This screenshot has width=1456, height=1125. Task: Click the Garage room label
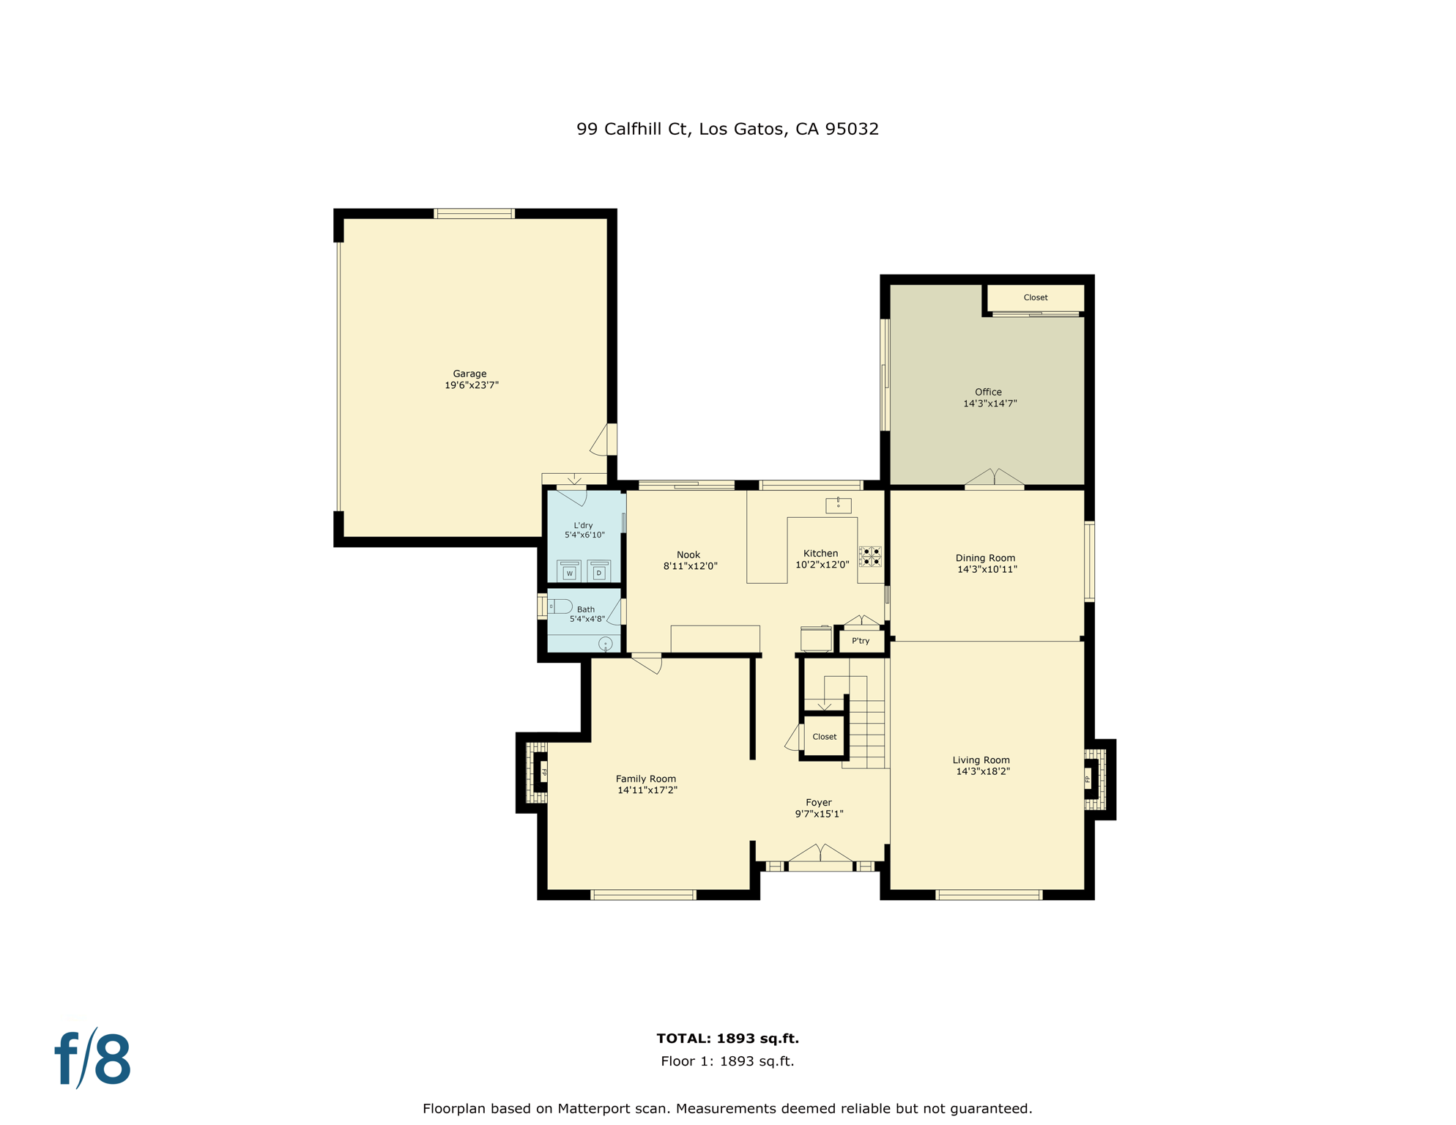(469, 374)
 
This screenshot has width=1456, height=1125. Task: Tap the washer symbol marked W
(569, 571)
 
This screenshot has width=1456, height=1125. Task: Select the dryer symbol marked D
(599, 571)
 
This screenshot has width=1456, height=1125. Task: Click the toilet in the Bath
(561, 606)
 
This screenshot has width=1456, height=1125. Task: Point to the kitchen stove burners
(871, 556)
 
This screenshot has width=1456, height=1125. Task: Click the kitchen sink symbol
(838, 505)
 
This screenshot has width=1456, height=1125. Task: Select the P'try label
(861, 641)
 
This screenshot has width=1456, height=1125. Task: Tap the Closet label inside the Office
(1035, 297)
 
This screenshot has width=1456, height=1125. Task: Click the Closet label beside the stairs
(824, 737)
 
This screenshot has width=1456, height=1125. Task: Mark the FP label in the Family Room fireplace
(544, 772)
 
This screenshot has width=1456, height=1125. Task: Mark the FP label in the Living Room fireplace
(1088, 779)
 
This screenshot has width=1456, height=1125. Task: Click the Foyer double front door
(820, 857)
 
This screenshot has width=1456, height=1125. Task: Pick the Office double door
(994, 478)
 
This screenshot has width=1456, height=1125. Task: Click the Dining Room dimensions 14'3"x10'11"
(987, 569)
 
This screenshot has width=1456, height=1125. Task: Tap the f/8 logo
(93, 1058)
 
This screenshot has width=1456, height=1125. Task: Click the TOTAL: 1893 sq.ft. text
(727, 1038)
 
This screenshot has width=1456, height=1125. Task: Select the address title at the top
(727, 129)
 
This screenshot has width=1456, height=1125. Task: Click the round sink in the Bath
(606, 644)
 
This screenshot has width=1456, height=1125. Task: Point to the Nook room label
(688, 554)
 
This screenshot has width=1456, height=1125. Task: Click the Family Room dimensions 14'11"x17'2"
(647, 790)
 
